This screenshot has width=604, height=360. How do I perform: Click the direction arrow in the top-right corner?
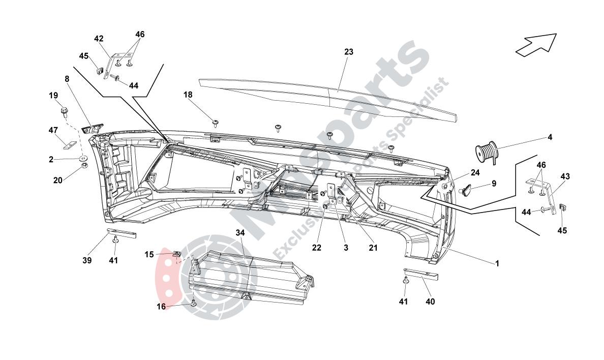click(536, 43)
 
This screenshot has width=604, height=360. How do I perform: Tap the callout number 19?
click(53, 96)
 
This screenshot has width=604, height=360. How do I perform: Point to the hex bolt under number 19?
click(65, 110)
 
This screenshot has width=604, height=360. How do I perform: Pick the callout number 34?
click(240, 232)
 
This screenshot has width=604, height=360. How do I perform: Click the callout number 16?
click(161, 307)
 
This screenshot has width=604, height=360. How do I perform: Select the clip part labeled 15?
click(177, 254)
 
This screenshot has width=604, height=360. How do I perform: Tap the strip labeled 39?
click(122, 233)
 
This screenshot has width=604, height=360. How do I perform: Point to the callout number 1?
click(497, 263)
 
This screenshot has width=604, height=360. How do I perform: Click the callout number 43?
click(565, 176)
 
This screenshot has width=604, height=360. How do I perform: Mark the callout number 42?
click(99, 39)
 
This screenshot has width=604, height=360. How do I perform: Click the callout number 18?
click(189, 95)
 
